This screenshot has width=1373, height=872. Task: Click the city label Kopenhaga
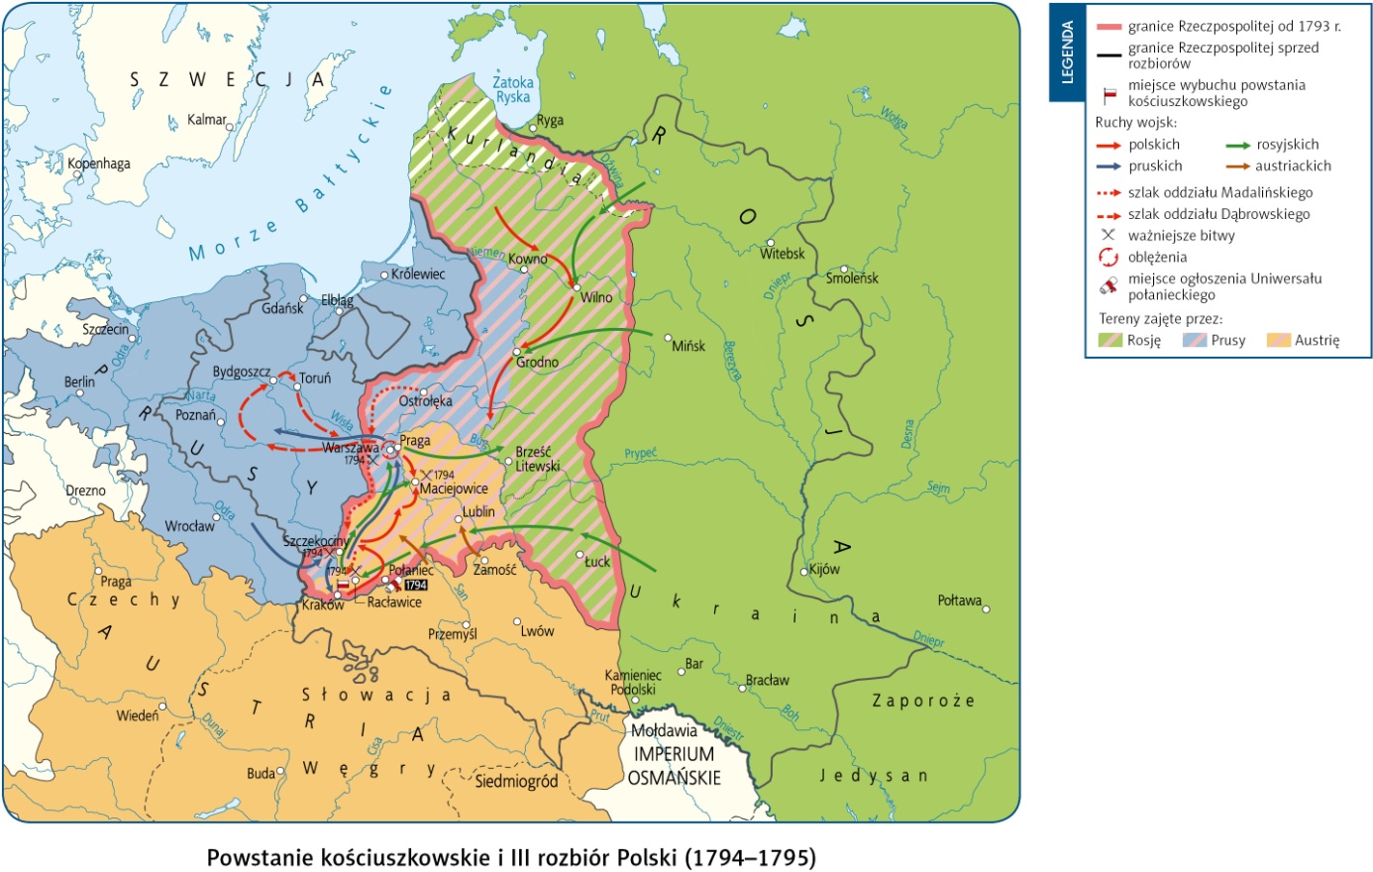click(x=99, y=163)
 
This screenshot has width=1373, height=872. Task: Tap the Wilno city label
click(x=596, y=297)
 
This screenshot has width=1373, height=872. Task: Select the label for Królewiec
click(x=418, y=273)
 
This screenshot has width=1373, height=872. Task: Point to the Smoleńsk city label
click(x=852, y=278)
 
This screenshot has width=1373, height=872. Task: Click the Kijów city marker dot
click(x=803, y=572)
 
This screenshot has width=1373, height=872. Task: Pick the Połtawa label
click(x=959, y=600)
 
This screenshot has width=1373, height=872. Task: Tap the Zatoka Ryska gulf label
click(x=513, y=90)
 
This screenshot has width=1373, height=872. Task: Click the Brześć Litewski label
click(x=537, y=459)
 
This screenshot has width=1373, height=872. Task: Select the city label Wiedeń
click(x=137, y=715)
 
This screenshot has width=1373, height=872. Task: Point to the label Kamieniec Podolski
click(x=632, y=683)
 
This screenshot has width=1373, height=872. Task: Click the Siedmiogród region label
click(x=516, y=782)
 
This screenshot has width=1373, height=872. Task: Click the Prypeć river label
click(x=640, y=454)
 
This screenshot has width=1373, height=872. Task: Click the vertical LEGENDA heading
click(x=1067, y=53)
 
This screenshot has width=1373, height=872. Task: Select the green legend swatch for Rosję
click(x=1110, y=340)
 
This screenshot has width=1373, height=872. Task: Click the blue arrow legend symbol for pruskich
click(x=1108, y=166)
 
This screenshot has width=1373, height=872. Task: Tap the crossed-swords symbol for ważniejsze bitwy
click(x=1108, y=236)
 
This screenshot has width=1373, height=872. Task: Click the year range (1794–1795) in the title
click(x=750, y=857)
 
